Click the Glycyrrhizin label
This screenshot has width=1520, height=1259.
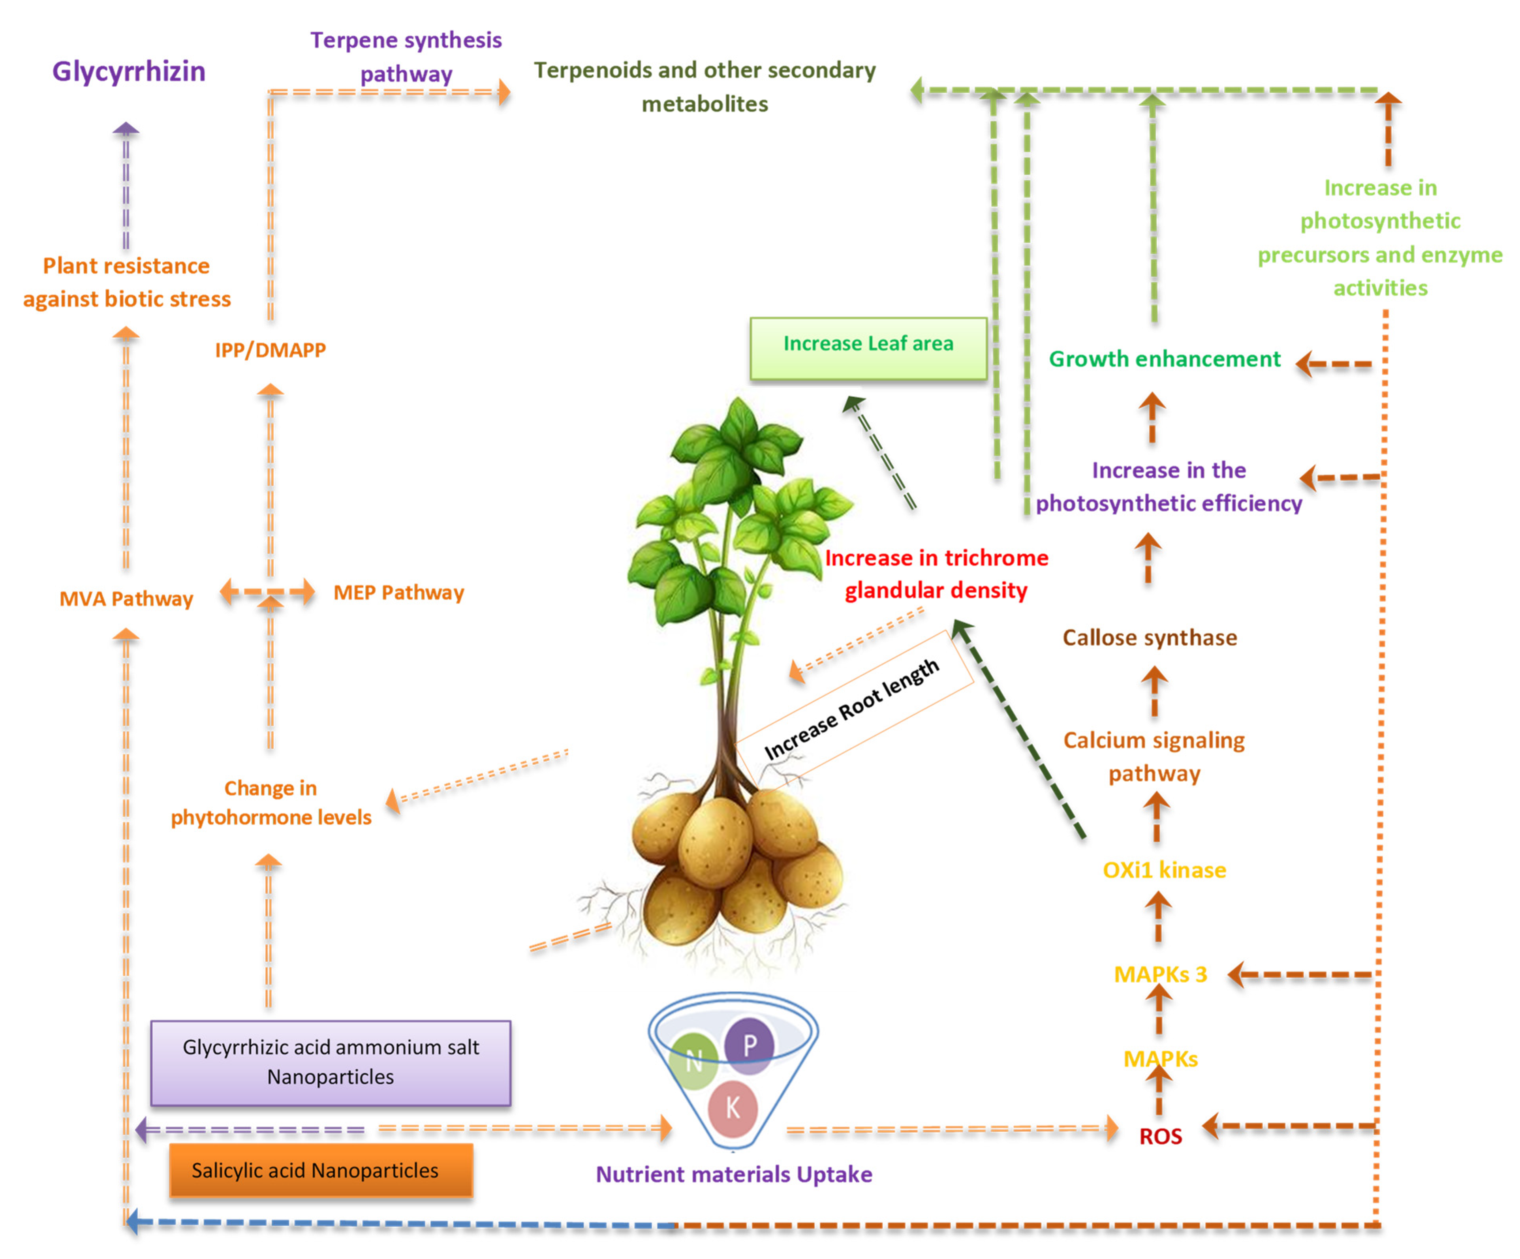tap(129, 71)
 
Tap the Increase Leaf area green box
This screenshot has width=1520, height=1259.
tap(868, 348)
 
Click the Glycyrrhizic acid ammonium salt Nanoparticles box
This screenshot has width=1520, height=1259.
tap(331, 1062)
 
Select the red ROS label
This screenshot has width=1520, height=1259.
tap(1160, 1136)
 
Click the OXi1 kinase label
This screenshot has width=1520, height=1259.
tap(1164, 870)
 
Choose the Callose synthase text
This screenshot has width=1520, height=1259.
tap(1150, 638)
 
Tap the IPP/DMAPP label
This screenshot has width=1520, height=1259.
tap(270, 350)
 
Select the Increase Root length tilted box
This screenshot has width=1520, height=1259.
tap(853, 709)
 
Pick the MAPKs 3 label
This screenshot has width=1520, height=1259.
tap(1160, 974)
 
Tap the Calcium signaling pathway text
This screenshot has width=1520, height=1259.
tap(1154, 756)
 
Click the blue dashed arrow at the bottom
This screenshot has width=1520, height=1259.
tap(398, 1223)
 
